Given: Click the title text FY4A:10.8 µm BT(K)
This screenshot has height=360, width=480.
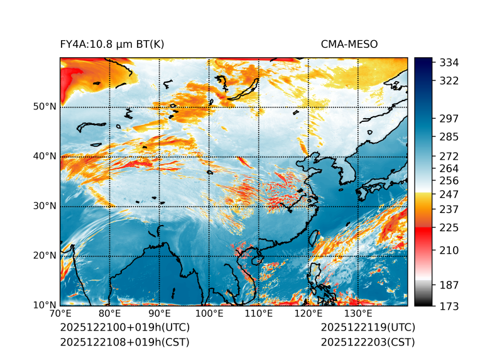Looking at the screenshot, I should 112,45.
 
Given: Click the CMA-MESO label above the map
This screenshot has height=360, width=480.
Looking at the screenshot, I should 349,45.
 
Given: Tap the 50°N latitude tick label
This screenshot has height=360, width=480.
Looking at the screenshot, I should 45,107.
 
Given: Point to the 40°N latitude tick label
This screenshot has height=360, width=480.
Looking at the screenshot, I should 45,156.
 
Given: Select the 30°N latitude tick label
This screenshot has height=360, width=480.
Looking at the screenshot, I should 45,206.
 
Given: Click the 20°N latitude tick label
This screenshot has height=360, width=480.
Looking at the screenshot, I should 45,256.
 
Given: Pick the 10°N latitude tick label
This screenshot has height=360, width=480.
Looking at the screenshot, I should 45,306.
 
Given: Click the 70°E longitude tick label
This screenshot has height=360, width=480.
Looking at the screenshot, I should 60,314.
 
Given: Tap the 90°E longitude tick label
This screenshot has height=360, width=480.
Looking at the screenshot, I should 160,314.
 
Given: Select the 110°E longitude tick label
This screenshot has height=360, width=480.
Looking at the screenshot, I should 259,314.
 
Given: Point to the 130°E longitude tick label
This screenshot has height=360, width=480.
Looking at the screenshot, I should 358,314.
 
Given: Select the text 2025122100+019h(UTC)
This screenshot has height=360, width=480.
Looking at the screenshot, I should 124,328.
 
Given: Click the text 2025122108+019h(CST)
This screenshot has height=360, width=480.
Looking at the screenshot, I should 124,342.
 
